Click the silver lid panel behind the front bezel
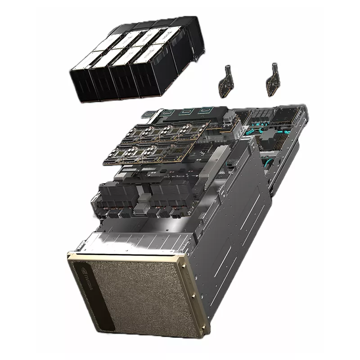pyautogui.click(x=135, y=241)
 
